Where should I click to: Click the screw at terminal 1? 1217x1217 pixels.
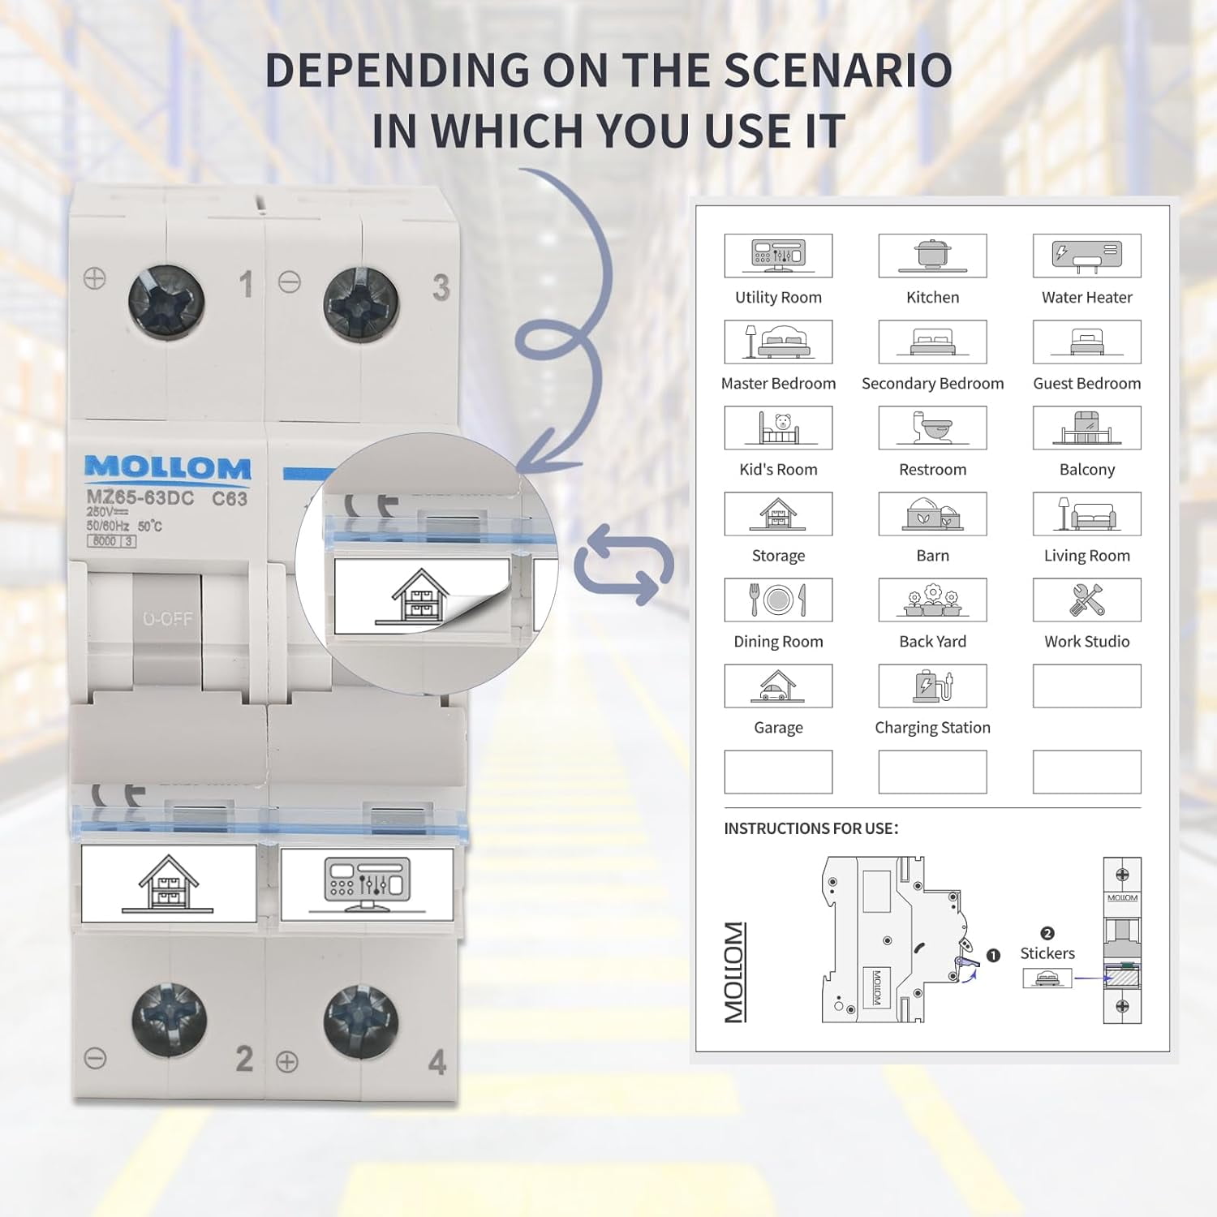pos(166,303)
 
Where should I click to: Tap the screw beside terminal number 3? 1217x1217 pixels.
pos(361,305)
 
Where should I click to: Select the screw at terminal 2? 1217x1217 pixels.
pos(170,1020)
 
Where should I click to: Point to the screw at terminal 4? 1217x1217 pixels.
pos(361,1023)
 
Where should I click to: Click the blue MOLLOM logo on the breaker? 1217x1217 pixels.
pos(168,467)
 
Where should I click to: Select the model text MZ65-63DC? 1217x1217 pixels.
pos(140,498)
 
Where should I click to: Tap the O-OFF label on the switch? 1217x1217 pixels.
pos(168,619)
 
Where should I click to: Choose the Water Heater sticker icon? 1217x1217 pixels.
pos(1086,256)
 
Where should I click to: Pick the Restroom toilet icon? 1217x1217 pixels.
pos(932,428)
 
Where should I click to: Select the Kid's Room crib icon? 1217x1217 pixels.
pos(778,428)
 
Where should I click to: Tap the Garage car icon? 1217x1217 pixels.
pos(778,686)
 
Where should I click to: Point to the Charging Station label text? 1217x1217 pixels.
pos(932,728)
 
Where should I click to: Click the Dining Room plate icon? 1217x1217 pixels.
pos(778,600)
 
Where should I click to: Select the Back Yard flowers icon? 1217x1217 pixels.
pos(932,600)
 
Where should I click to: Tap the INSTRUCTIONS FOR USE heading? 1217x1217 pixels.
pos(811,828)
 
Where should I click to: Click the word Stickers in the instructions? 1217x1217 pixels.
pos(1047,953)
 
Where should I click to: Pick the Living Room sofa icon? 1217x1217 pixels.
pos(1086,514)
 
